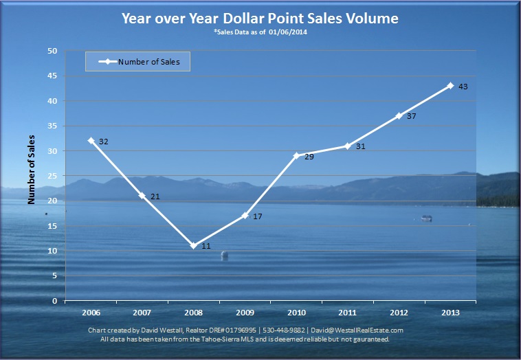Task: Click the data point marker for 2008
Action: point(194,246)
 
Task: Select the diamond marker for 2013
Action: point(450,86)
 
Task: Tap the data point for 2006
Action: point(91,140)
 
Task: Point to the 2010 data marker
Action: point(296,155)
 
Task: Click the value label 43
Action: point(463,87)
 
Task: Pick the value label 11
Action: point(206,246)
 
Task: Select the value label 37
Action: point(411,116)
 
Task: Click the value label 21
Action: point(155,196)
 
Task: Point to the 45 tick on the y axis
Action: point(52,76)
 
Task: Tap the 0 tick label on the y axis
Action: point(55,301)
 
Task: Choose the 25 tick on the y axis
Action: point(52,176)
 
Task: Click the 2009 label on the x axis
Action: point(245,313)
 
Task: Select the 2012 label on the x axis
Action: point(399,313)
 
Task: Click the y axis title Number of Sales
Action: point(31,170)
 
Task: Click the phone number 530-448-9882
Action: point(284,330)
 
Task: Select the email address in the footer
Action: point(357,330)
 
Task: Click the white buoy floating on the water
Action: point(225,255)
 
